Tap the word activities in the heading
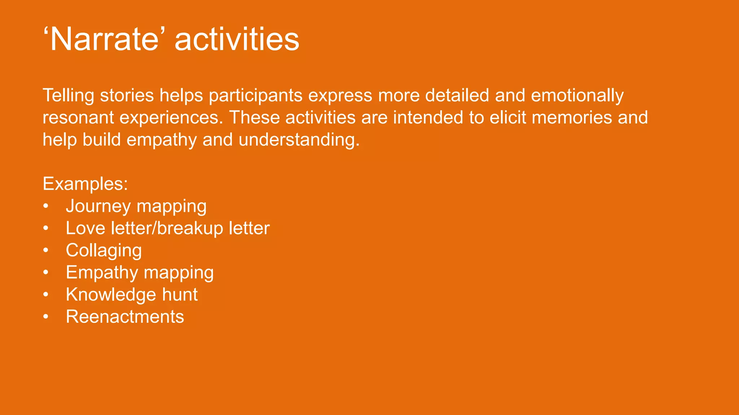click(237, 39)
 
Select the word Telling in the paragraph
click(69, 95)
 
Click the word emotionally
click(577, 95)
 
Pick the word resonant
click(78, 118)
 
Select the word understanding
click(299, 140)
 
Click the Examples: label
click(85, 184)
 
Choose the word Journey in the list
click(98, 206)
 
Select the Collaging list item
click(104, 250)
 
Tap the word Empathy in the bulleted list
click(102, 273)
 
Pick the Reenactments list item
click(124, 317)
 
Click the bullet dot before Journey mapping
click(45, 206)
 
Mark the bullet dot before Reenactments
click(45, 317)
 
